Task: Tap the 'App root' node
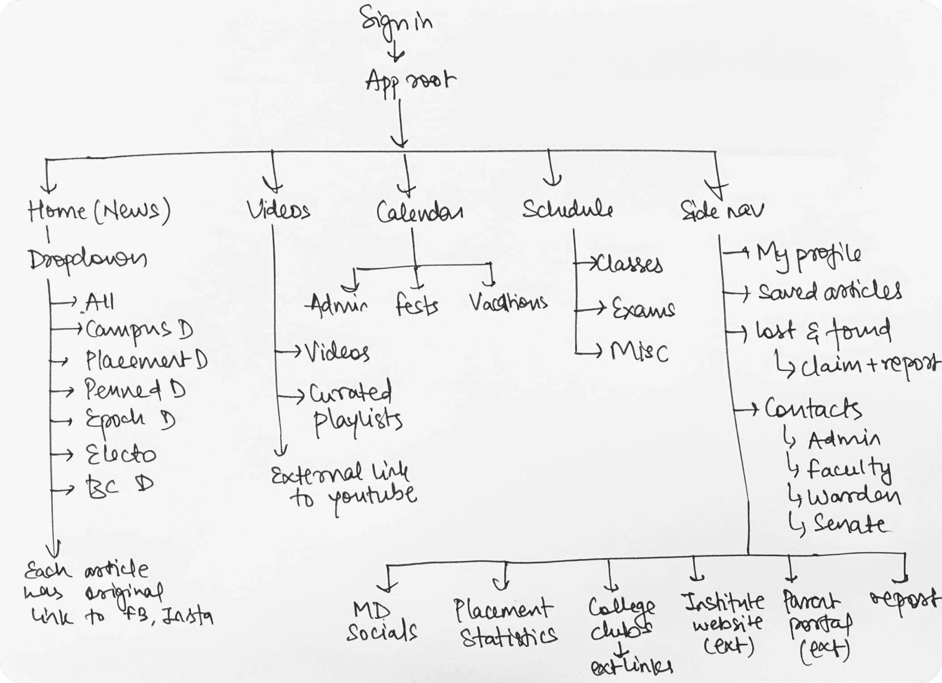click(411, 82)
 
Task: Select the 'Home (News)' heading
click(99, 211)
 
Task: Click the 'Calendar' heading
click(420, 212)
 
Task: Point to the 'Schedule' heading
click(568, 209)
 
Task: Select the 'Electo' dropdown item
click(121, 455)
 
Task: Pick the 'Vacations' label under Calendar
click(509, 303)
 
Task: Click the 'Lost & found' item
click(822, 331)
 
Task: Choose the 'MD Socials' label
click(382, 622)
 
